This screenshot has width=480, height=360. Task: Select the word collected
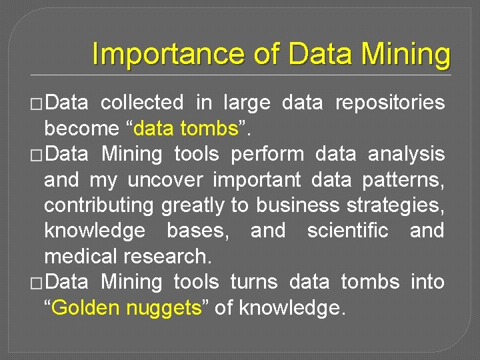click(x=141, y=103)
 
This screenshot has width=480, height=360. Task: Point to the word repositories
click(x=389, y=103)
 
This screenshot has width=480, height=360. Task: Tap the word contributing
click(x=99, y=205)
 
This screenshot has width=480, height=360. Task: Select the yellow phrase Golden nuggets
click(x=125, y=308)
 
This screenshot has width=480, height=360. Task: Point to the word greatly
click(x=193, y=205)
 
